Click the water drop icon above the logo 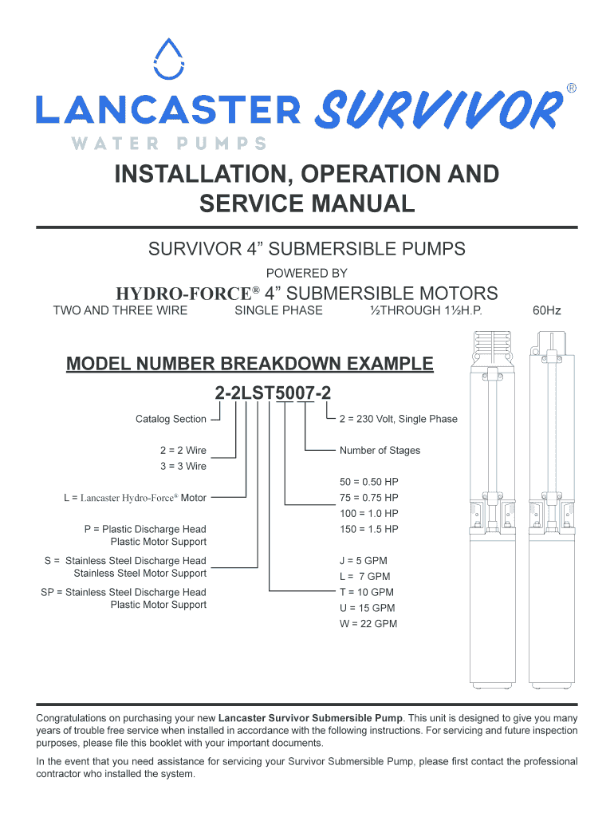click(x=167, y=60)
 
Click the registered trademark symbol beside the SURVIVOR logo click(x=571, y=88)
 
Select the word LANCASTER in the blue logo click(x=167, y=110)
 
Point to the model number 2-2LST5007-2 click(x=272, y=393)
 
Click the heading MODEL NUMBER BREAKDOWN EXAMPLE click(x=250, y=365)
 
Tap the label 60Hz click(x=547, y=310)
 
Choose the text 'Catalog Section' click(x=171, y=419)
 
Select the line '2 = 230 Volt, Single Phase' click(x=399, y=419)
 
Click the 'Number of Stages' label click(x=380, y=451)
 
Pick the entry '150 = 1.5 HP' click(x=368, y=529)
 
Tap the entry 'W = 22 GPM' click(x=368, y=623)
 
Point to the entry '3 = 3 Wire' click(x=183, y=466)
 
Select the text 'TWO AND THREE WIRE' click(x=120, y=310)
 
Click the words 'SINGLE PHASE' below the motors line click(x=278, y=310)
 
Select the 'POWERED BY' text click(x=307, y=273)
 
